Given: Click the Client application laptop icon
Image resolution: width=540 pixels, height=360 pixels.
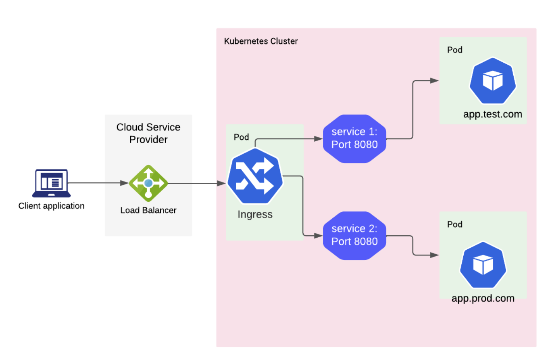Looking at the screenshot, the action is pos(52,183).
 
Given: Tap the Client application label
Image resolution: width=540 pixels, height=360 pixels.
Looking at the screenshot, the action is pos(52,206).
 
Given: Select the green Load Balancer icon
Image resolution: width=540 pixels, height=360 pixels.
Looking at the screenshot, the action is pos(148,183).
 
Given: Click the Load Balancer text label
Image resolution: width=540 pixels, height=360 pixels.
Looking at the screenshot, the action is pos(148,210).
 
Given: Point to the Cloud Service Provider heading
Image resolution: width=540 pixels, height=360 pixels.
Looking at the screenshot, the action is pos(148,133).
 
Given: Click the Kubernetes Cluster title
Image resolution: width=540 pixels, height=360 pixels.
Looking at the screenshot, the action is pos(261,41).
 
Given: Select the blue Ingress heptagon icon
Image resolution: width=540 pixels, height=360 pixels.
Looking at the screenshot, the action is pos(255,176).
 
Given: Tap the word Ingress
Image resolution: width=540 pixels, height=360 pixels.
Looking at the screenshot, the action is pos(255,214).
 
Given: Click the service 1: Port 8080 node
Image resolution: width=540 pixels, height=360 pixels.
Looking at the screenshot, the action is pos(354,139).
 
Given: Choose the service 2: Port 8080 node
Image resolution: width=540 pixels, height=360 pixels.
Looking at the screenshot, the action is pos(354,235).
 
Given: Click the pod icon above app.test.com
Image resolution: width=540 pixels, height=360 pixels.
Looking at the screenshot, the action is pos(493,81).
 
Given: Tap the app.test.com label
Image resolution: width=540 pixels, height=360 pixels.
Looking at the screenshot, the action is pos(493,114).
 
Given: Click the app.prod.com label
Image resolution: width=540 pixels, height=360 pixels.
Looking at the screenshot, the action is pos(483,298).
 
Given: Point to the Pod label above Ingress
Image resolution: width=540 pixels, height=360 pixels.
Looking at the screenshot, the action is pos(241,137).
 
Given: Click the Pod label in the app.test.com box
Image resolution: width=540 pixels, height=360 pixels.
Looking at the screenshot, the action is pos(455,50).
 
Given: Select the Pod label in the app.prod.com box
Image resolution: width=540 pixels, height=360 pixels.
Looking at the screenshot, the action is pos(455,225).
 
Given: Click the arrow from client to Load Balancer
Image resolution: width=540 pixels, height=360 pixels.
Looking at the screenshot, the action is pos(98,183).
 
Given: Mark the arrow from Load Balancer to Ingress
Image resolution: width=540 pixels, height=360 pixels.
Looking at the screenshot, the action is pos(197,183).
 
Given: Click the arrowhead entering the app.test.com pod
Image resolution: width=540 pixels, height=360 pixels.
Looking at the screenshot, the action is pos(434,81).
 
